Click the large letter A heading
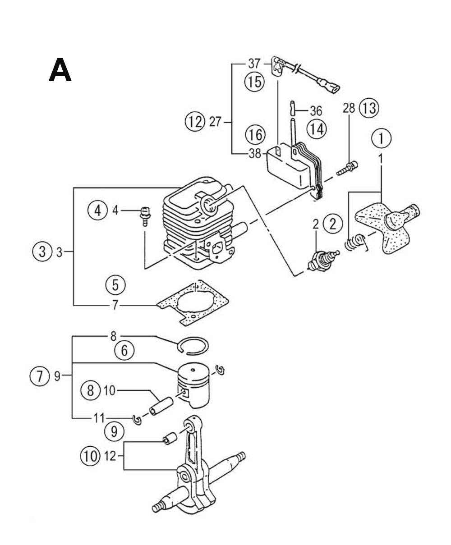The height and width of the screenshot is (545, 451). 60,70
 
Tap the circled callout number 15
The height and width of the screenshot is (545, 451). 254,82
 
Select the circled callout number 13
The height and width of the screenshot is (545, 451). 369,108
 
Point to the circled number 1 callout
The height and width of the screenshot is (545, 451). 381,138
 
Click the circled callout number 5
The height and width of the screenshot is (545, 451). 115,285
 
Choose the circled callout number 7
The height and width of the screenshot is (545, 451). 39,376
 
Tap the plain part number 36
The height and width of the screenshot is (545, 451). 316,111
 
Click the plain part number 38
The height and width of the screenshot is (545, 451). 255,154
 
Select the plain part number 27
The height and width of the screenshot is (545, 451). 215,122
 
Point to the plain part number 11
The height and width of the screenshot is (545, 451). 99,418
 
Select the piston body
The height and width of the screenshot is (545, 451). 193,385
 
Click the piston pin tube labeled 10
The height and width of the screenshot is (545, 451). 161,406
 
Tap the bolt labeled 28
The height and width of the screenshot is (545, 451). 347,168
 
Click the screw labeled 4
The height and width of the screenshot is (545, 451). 145,216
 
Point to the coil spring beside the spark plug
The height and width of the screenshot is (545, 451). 357,243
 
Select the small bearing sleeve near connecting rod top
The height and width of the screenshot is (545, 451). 170,439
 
